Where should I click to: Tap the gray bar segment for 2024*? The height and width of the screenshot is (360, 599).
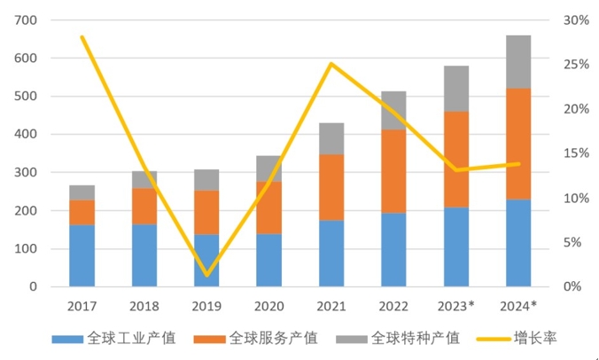[518, 62]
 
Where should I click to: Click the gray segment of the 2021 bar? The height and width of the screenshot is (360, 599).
[331, 138]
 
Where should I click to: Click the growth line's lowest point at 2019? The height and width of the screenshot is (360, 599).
[206, 275]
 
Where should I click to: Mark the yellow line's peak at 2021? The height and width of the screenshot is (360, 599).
[331, 64]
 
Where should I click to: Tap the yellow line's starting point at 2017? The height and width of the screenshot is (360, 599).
[82, 37]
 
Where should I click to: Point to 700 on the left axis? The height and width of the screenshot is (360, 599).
[26, 20]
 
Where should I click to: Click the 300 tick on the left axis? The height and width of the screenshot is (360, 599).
[26, 173]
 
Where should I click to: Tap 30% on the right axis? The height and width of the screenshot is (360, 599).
[576, 20]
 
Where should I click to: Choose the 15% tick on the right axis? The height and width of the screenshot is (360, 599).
[576, 153]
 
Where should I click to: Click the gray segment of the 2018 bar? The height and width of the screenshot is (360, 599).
[144, 180]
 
